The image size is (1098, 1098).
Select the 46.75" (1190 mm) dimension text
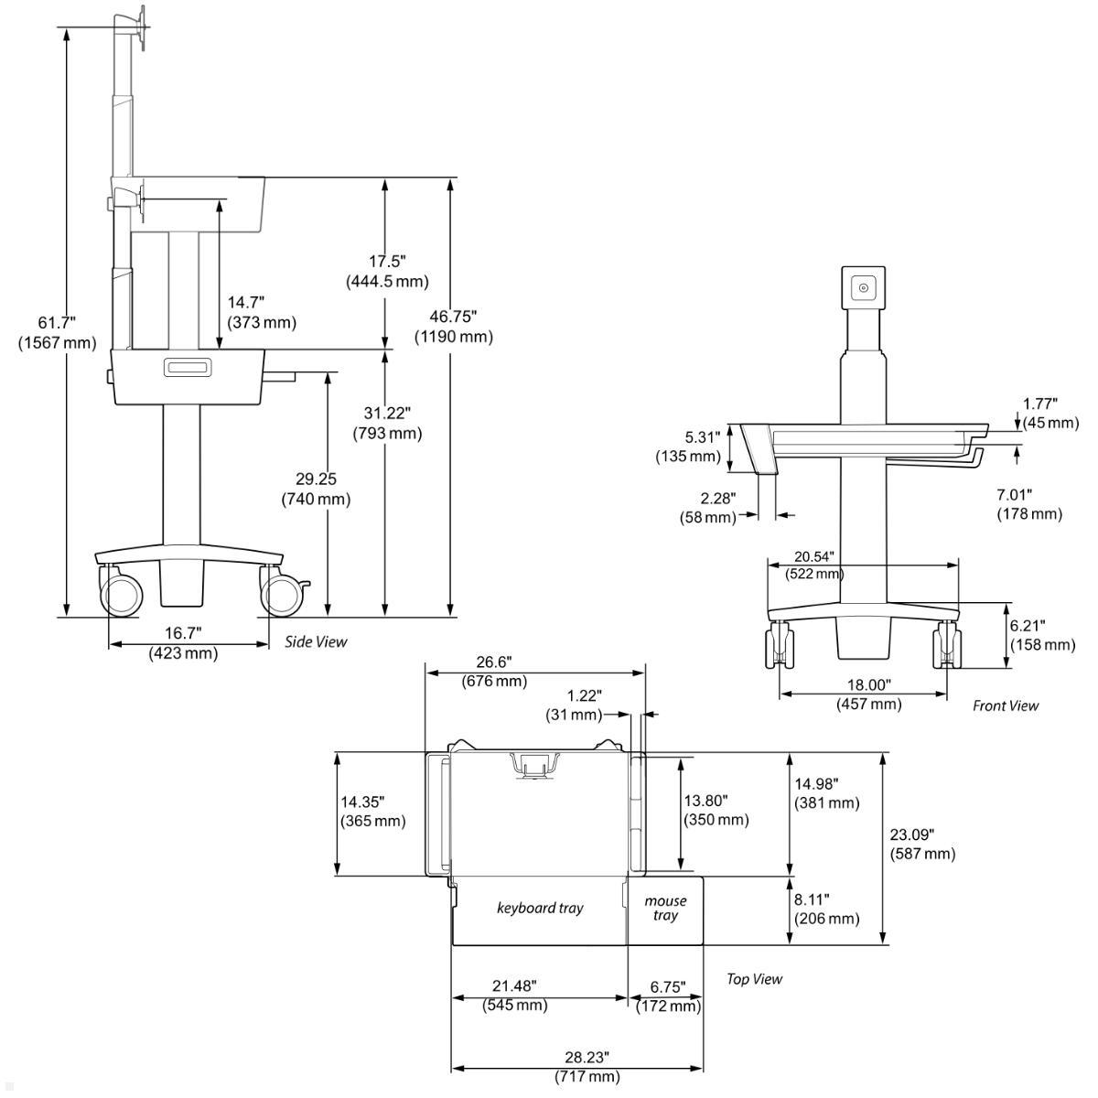click(x=453, y=327)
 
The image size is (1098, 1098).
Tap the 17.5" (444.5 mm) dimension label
click(x=387, y=272)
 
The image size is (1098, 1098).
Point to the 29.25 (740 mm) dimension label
click(x=315, y=489)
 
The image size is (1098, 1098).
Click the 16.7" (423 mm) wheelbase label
click(x=183, y=642)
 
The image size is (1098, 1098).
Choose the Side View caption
click(x=316, y=641)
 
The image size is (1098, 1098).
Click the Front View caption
click(x=1006, y=705)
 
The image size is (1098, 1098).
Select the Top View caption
click(x=754, y=979)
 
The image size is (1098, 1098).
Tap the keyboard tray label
click(x=540, y=908)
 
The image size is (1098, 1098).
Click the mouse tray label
click(x=665, y=909)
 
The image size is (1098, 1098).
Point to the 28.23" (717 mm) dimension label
click(x=587, y=1067)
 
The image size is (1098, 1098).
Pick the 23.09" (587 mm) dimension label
click(x=922, y=844)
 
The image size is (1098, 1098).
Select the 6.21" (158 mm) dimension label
click(x=1041, y=635)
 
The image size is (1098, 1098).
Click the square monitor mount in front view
click(x=864, y=287)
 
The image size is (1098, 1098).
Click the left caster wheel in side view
click(x=121, y=593)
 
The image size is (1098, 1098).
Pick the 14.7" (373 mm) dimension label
click(x=262, y=312)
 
